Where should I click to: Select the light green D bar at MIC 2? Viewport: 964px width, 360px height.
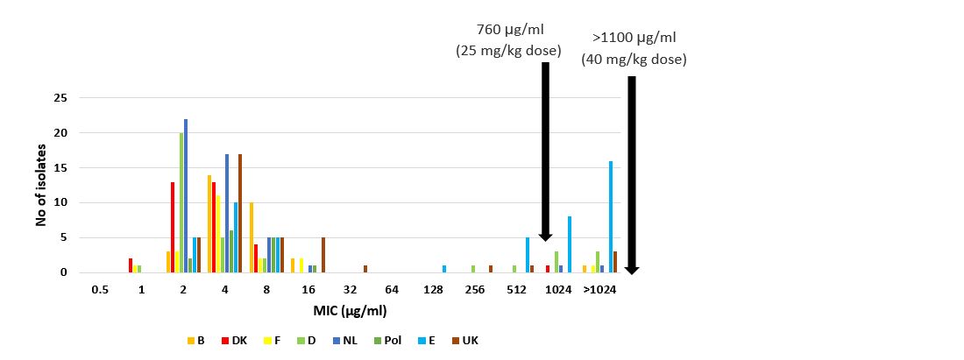pyautogui.click(x=181, y=202)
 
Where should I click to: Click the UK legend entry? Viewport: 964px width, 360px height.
pyautogui.click(x=464, y=340)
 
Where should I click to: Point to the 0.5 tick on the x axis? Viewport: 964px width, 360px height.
pyautogui.click(x=99, y=289)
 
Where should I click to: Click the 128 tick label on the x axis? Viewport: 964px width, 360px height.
pyautogui.click(x=433, y=289)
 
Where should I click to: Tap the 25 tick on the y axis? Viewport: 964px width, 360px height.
pyautogui.click(x=60, y=98)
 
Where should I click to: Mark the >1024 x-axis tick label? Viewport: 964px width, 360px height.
pyautogui.click(x=599, y=289)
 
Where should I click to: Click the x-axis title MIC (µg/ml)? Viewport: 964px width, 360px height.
pyautogui.click(x=351, y=311)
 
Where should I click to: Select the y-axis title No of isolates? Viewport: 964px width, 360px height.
pyautogui.click(x=40, y=185)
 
